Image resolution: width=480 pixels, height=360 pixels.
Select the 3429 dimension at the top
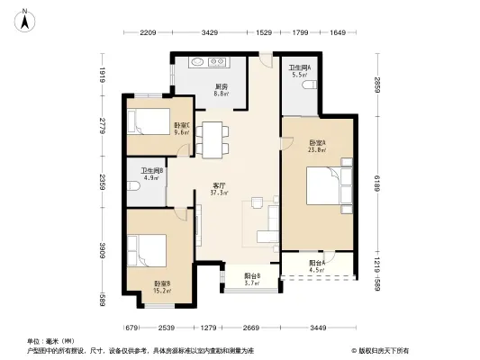click(x=210, y=33)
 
